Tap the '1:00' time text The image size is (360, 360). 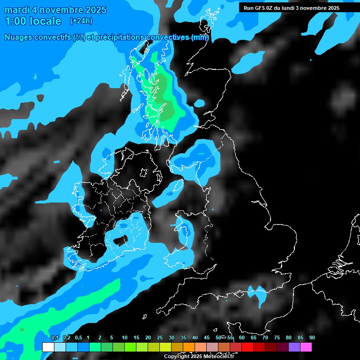pos(15,21)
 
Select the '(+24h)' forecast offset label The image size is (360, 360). pos(81,21)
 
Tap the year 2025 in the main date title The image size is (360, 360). pos(96,10)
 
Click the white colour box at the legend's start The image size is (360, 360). pos(48,347)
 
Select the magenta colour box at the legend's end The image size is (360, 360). pos(306,347)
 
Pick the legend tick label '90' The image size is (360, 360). pos(312,338)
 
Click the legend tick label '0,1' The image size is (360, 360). pos(55,338)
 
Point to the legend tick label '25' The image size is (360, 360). pos(160,338)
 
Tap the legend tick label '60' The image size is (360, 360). pos(241,338)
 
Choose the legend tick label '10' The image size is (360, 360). pos(125,338)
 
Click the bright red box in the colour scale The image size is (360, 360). pos(247,347)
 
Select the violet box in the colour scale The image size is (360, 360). pos(294,347)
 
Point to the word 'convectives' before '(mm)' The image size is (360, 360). pos(168,37)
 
